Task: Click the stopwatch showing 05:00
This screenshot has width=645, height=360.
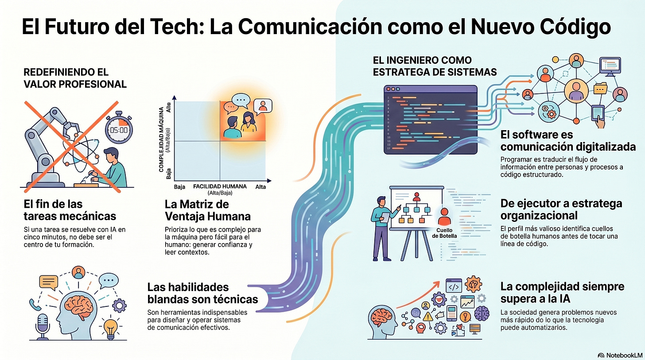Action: click(119, 129)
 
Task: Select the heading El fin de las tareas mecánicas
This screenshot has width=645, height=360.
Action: click(70, 210)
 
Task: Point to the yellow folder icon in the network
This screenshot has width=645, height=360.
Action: click(601, 89)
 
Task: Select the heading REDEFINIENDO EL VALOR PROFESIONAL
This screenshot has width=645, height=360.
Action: click(75, 77)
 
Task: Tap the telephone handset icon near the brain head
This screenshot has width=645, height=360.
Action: click(33, 304)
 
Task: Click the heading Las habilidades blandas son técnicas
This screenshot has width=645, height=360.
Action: click(202, 293)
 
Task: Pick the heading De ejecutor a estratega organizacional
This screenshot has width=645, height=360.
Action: click(561, 209)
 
